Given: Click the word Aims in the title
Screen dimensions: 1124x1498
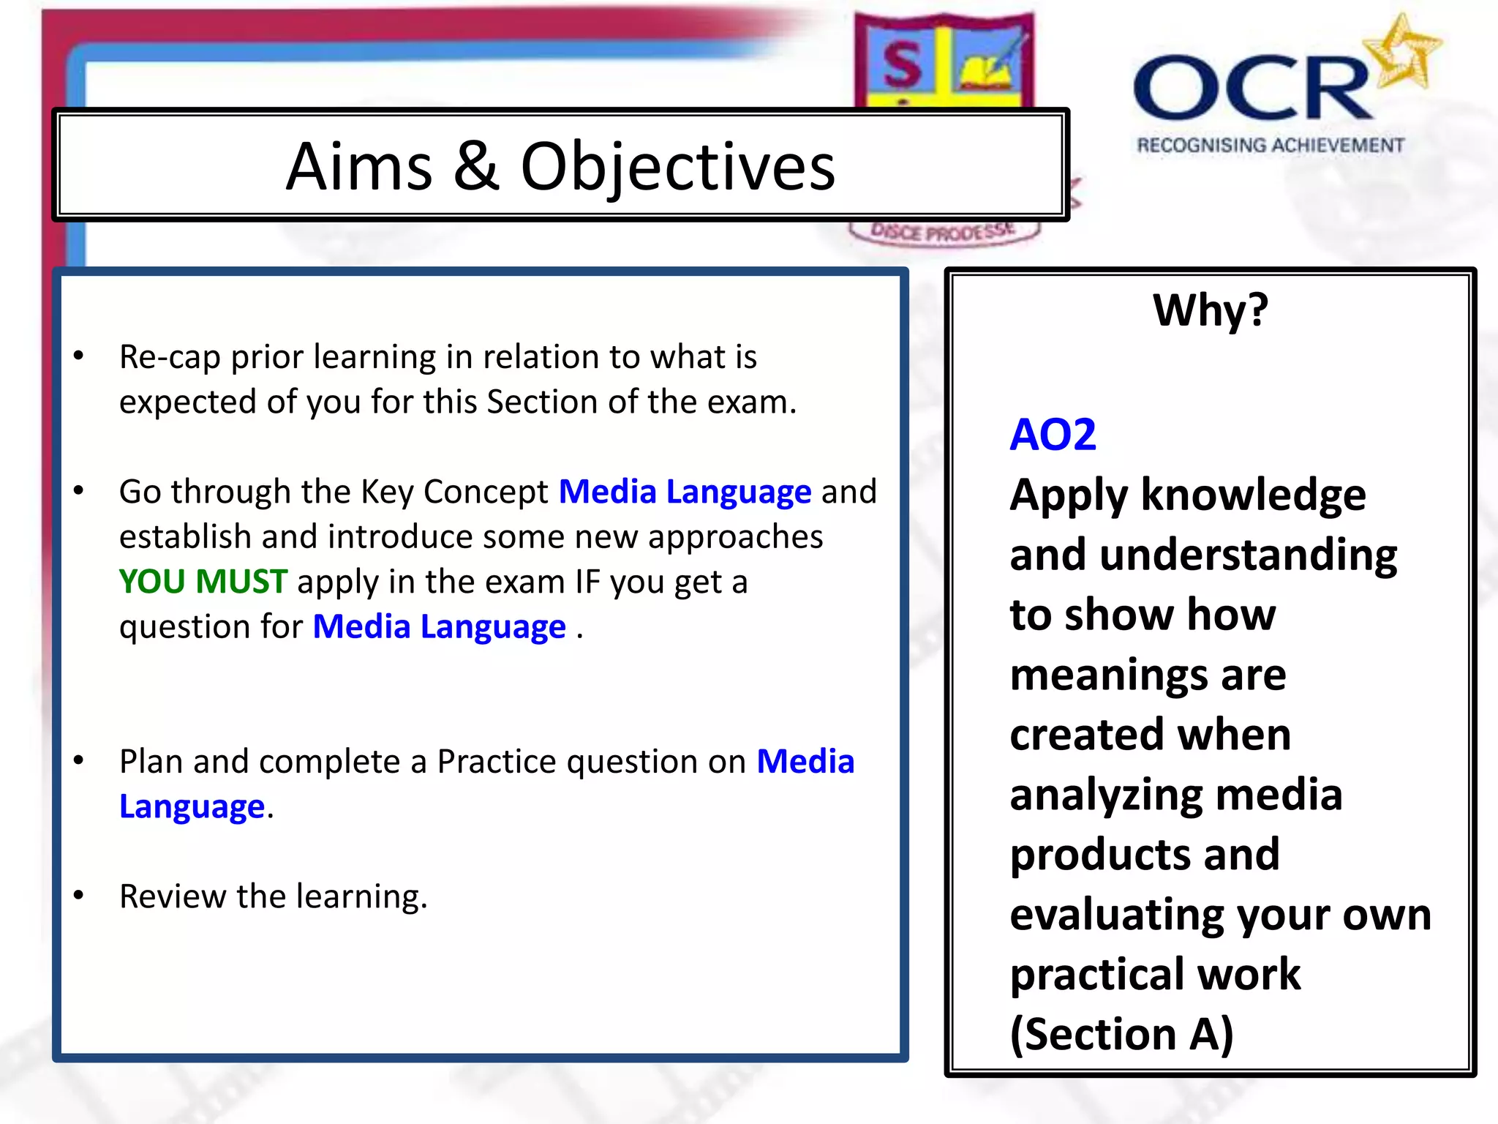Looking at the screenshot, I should pos(359,167).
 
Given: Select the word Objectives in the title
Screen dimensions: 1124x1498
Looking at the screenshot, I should pos(677,168).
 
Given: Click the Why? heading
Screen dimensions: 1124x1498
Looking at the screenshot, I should pos(1211,310).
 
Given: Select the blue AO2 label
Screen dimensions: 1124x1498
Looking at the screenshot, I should pos(1053,435).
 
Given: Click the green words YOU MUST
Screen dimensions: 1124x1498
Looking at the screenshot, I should pos(203,582).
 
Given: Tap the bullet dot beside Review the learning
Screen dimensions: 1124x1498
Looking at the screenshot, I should pos(79,895).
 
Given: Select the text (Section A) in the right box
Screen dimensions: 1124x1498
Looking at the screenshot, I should pos(1121,1034).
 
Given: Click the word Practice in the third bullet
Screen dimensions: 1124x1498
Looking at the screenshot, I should pos(497,762).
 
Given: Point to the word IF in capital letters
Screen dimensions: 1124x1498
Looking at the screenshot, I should pos(587,582).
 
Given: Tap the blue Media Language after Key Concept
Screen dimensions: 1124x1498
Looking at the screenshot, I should pos(685,492).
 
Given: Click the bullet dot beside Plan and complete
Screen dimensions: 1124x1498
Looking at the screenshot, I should pos(79,760).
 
